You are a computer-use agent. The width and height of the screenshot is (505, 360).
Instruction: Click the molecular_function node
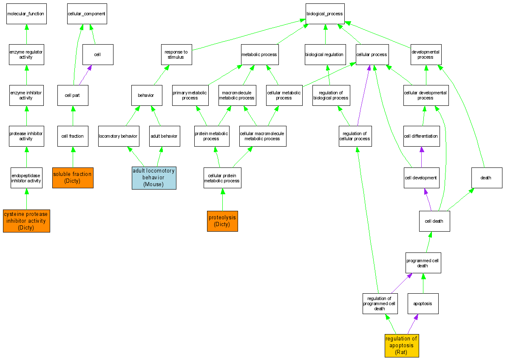tap(26, 14)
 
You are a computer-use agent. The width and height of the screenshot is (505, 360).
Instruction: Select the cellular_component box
tap(87, 14)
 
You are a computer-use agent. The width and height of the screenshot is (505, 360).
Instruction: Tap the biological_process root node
tap(325, 14)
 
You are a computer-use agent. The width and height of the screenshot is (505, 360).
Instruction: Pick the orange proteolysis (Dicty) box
tap(222, 221)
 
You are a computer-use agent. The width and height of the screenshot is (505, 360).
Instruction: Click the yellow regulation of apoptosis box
tap(401, 345)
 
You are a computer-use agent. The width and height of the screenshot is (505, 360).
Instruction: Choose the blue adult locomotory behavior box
tap(154, 178)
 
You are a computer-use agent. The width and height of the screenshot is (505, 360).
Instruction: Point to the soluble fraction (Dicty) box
tap(72, 177)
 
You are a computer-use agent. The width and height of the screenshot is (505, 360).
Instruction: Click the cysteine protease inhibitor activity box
tap(26, 221)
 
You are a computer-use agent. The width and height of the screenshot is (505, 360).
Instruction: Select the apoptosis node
tap(423, 303)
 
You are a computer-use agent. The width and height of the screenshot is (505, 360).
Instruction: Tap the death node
tap(486, 178)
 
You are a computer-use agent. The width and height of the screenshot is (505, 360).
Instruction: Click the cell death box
tap(434, 221)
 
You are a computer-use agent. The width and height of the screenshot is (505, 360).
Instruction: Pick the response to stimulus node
tap(176, 54)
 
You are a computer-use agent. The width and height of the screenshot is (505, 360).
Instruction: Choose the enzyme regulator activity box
tap(26, 54)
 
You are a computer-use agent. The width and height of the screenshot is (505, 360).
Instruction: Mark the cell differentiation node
tap(421, 136)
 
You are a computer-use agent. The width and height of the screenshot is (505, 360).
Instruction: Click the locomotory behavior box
tap(118, 136)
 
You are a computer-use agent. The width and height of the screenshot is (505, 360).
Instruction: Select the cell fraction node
tap(73, 136)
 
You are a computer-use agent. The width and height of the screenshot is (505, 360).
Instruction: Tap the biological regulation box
tap(325, 54)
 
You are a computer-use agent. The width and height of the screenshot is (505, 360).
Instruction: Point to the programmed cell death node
tap(423, 263)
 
